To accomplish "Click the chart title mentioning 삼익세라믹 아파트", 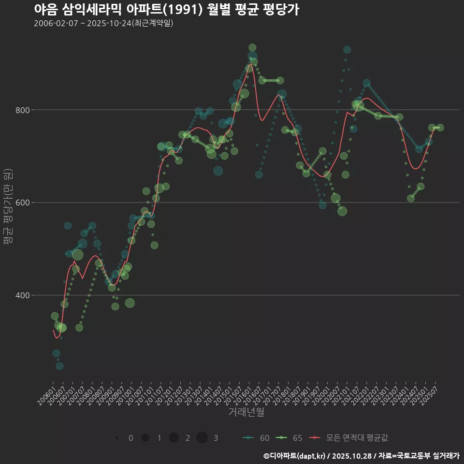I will pyautogui.click(x=166, y=10).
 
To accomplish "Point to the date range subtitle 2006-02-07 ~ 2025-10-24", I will pyautogui.click(x=103, y=23).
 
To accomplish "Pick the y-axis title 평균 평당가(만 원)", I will pyautogui.click(x=7, y=208).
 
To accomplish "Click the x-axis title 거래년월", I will pyautogui.click(x=246, y=412).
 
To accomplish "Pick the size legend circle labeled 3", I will pyautogui.click(x=202, y=438).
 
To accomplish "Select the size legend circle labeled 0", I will pyautogui.click(x=117, y=438).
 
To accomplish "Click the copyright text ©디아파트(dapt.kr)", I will pyautogui.click(x=294, y=456).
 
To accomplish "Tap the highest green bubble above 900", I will pyautogui.click(x=252, y=47).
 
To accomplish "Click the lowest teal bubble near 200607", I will pyautogui.click(x=59, y=366).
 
